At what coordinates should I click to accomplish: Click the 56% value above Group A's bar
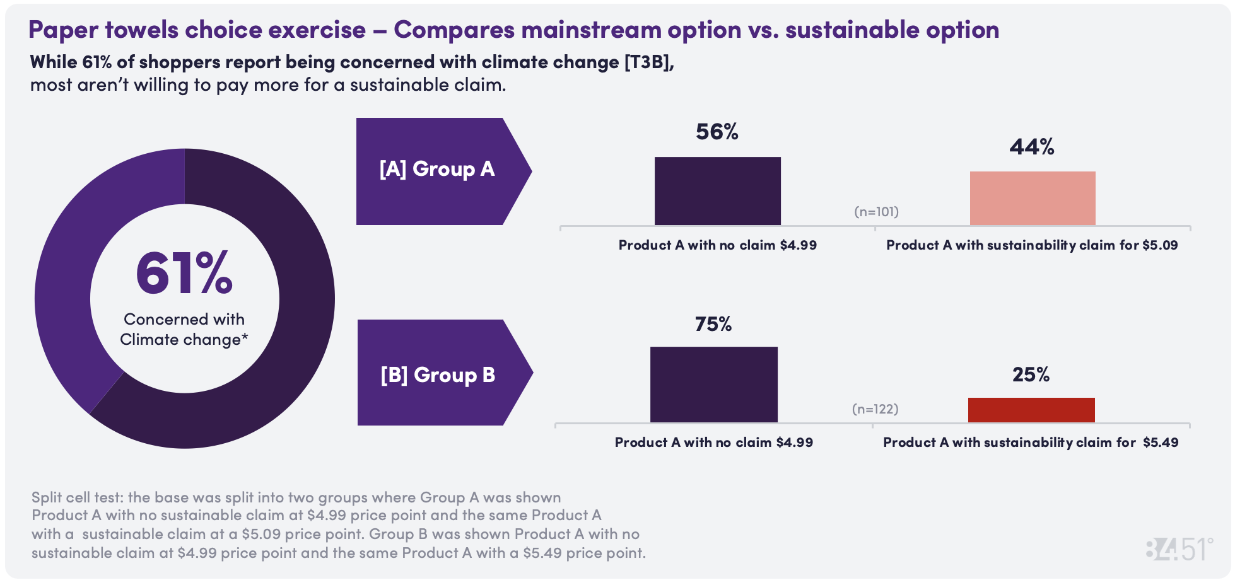[717, 132]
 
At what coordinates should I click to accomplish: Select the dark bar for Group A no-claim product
[717, 191]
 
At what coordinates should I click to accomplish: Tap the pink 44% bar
[1032, 198]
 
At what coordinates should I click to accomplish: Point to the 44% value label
[1031, 147]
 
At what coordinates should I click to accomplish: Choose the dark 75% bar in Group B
[713, 385]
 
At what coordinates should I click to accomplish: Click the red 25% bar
[1031, 410]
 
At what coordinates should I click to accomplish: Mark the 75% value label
[713, 324]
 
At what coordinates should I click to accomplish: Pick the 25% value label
[1031, 374]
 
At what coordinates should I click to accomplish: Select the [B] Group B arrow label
[438, 374]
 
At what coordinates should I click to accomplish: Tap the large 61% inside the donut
[184, 274]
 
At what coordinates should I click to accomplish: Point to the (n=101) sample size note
[876, 212]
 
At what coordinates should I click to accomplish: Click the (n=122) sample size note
[875, 409]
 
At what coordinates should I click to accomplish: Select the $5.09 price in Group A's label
[1159, 245]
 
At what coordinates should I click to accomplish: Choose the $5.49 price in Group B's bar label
[1161, 443]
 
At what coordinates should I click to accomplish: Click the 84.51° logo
[1178, 550]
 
